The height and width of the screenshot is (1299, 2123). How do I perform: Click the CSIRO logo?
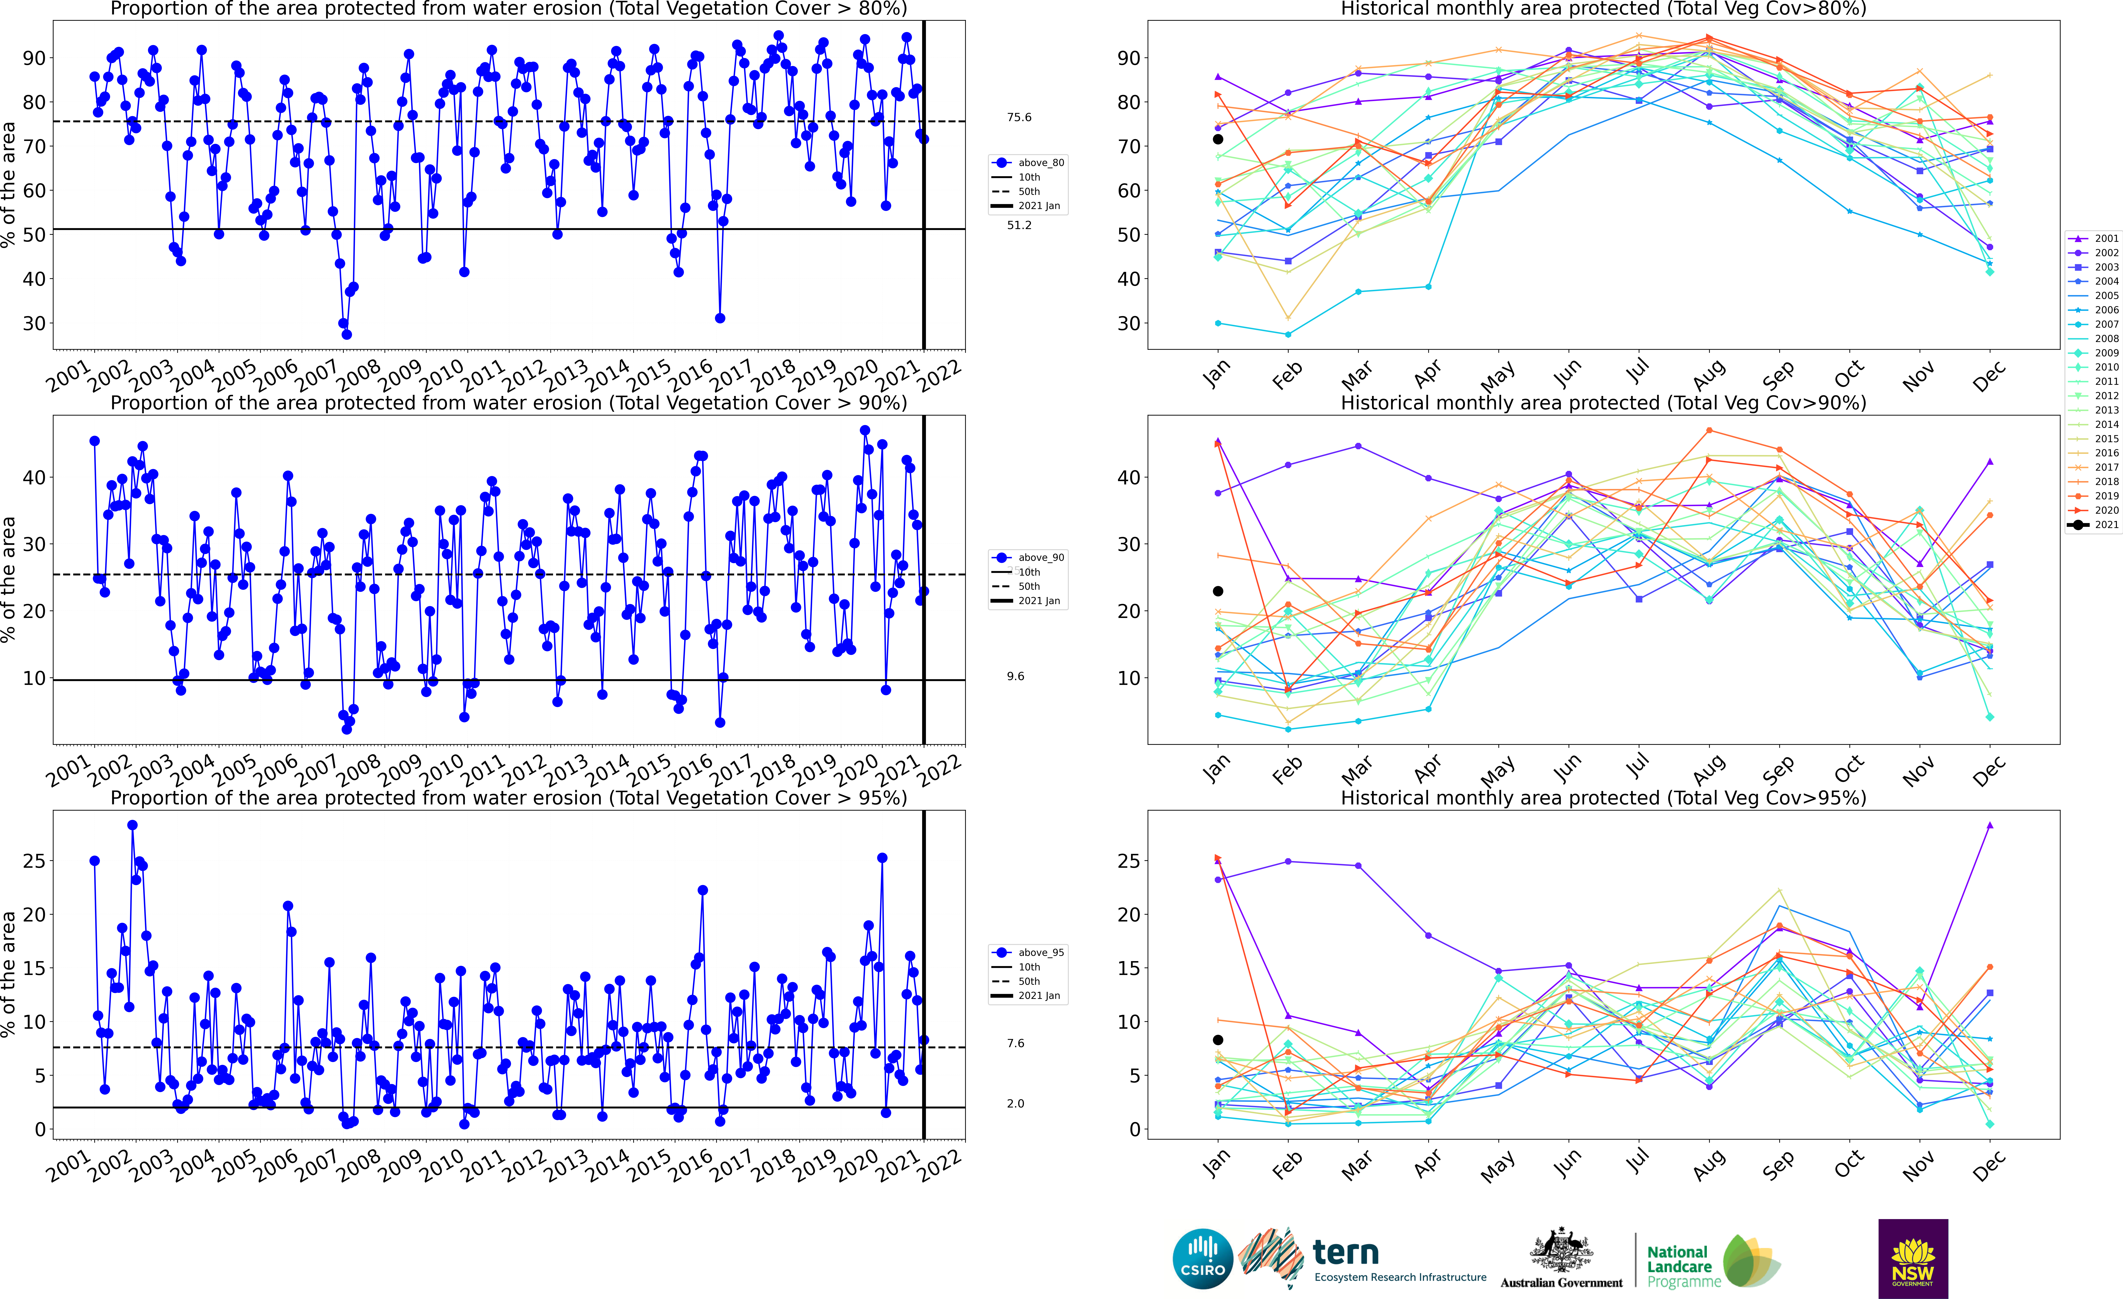[1203, 1258]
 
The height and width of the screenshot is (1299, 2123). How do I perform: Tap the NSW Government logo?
[1913, 1258]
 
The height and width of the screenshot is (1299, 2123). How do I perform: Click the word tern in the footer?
[1346, 1252]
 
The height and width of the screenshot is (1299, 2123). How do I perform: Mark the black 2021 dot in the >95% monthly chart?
[1218, 1040]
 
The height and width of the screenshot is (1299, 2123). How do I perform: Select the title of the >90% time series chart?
[508, 403]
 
